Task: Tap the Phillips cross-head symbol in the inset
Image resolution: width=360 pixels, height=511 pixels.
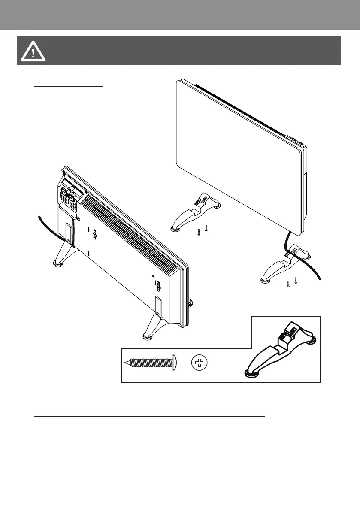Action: click(x=199, y=363)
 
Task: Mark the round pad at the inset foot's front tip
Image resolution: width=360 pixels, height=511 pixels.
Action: click(x=249, y=372)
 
